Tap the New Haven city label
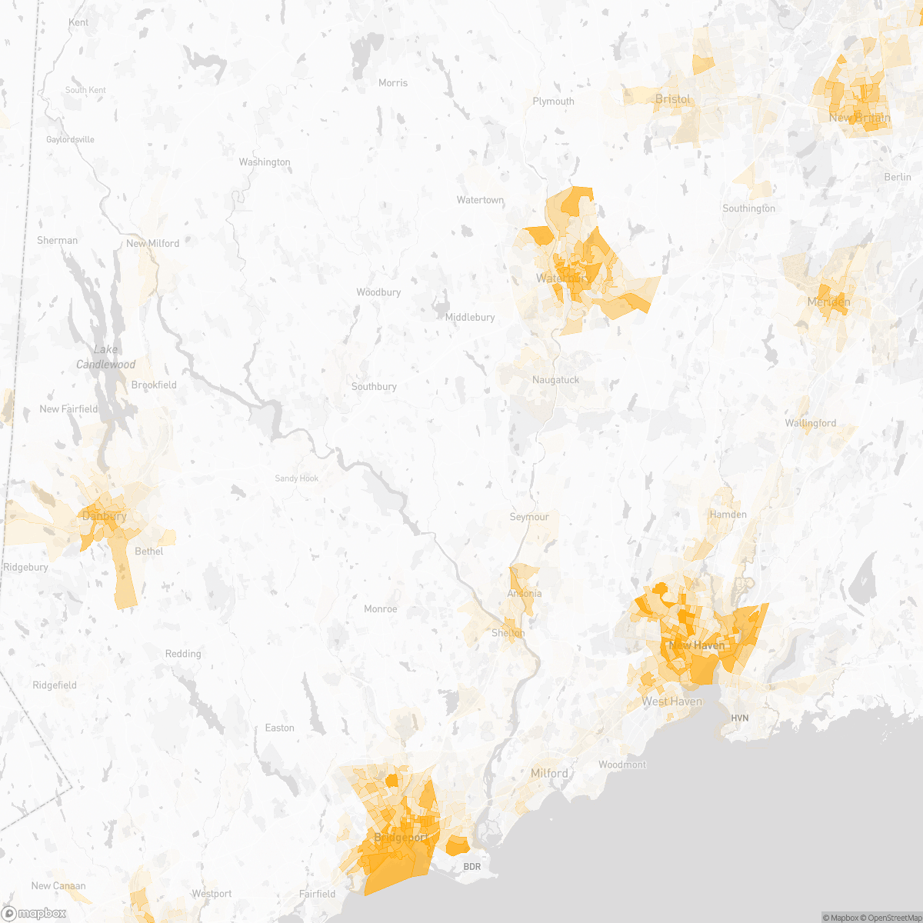click(x=697, y=645)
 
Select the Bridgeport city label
click(x=401, y=837)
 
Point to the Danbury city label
click(x=104, y=516)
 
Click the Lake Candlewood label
click(x=105, y=357)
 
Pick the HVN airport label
click(x=739, y=718)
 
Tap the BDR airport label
click(x=471, y=867)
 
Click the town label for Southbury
click(x=374, y=386)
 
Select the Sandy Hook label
click(x=297, y=478)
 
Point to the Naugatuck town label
click(x=555, y=380)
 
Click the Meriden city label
click(x=828, y=302)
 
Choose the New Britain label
click(x=859, y=118)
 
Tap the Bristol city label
click(x=672, y=99)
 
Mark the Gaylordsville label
click(x=70, y=139)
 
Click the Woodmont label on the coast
click(x=622, y=765)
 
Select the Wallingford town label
click(x=810, y=423)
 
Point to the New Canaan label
click(x=58, y=885)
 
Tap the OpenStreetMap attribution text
click(x=891, y=918)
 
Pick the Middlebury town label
click(x=470, y=317)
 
